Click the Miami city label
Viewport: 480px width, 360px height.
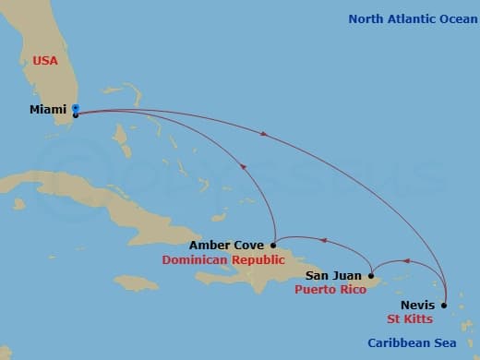point(48,109)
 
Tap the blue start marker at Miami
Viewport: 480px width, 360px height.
point(76,108)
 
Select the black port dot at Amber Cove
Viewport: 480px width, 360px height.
point(274,246)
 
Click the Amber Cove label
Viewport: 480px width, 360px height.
point(226,246)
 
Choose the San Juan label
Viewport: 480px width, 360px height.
point(334,275)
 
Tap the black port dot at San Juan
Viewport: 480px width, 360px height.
point(371,275)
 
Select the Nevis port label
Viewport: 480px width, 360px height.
point(417,305)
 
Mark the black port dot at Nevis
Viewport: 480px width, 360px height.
point(444,305)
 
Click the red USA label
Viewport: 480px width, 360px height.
point(45,60)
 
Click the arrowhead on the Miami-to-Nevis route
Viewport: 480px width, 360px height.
point(265,135)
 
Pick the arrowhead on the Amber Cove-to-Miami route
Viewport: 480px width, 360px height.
point(243,167)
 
